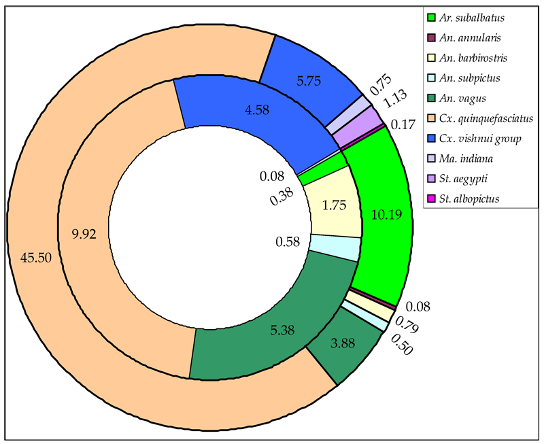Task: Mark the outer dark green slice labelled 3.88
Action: pos(341,346)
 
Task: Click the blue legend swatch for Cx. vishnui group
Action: pos(431,140)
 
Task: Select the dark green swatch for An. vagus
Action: pos(431,99)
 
